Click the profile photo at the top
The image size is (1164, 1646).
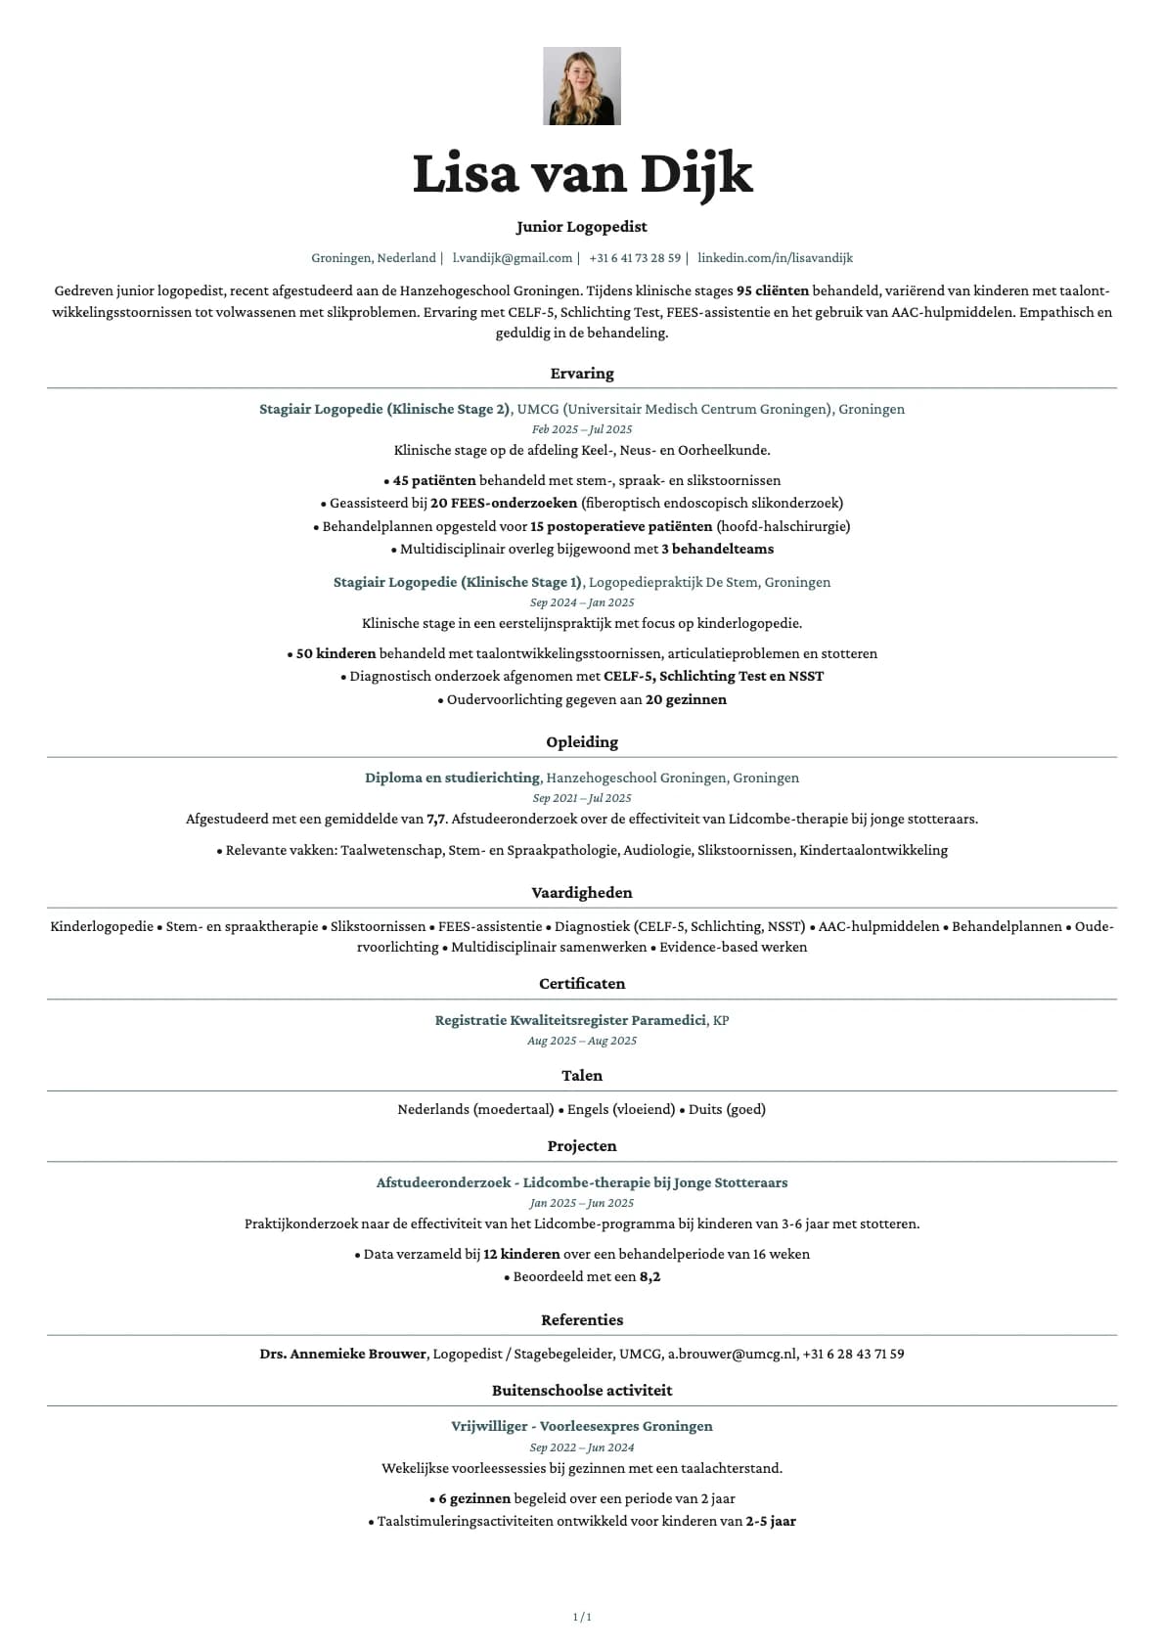[x=582, y=86]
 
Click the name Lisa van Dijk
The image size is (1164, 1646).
[x=582, y=174]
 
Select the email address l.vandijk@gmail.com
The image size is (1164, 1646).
[x=512, y=258]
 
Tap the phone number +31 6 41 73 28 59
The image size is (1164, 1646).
[x=635, y=258]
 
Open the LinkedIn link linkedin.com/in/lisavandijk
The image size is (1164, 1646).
[x=775, y=258]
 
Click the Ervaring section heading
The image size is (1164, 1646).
[x=582, y=374]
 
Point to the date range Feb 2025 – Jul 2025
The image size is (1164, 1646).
[x=582, y=429]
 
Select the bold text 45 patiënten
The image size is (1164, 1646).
[x=434, y=480]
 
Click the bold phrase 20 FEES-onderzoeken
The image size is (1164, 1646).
[x=504, y=503]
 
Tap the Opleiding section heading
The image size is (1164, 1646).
[x=582, y=742]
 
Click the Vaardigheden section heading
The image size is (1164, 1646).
[x=582, y=893]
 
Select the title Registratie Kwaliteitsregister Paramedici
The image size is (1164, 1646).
[x=570, y=1020]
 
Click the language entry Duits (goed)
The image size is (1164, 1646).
[x=727, y=1109]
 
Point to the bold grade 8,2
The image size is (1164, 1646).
[x=649, y=1276]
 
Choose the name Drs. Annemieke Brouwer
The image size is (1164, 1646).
[x=342, y=1354]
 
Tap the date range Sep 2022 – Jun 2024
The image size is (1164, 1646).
[x=582, y=1447]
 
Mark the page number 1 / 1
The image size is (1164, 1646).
[x=582, y=1617]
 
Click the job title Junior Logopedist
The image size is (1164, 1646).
[x=582, y=227]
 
